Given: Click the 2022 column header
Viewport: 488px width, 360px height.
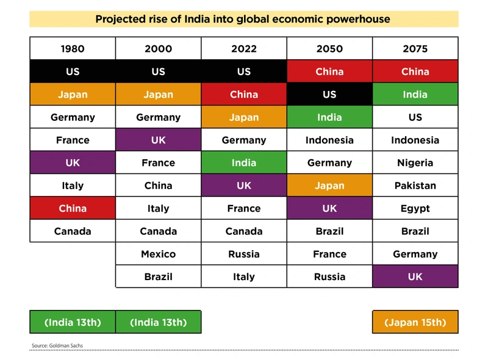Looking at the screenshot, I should coord(244,49).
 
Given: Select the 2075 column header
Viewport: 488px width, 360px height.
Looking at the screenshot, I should coord(415,49).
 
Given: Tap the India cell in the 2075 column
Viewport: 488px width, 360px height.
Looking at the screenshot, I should coord(415,95).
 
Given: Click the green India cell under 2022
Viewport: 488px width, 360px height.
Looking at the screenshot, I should coord(244,163).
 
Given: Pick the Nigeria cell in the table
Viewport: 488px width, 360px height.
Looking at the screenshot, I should coord(415,163).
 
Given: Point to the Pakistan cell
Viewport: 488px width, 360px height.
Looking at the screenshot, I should coord(415,185).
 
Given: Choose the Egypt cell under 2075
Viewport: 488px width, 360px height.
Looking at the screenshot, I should coord(415,209).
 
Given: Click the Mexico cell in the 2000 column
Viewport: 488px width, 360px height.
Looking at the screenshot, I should coord(158,254).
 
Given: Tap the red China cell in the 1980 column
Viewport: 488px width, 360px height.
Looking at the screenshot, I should coord(73,209).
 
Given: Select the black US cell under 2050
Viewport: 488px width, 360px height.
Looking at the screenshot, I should coord(329,95).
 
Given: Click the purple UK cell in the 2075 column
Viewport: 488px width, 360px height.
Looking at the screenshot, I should coord(415,277).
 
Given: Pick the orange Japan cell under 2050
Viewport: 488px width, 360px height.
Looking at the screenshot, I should coord(329,185).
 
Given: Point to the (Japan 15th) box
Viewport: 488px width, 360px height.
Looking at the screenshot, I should coord(415,322).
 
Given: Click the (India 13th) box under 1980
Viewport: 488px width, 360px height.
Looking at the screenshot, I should coord(73,322).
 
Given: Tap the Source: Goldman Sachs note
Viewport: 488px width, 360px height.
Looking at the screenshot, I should coord(57,346).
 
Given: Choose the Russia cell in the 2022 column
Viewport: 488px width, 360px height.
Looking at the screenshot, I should coord(244,254).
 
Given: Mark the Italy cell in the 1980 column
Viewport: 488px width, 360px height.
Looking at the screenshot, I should coord(73,185).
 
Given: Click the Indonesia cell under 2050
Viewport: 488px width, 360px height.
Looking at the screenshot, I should coord(329,140).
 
